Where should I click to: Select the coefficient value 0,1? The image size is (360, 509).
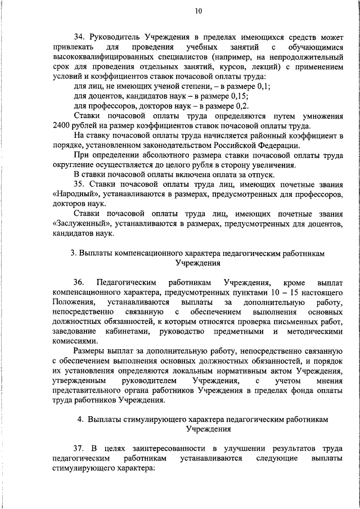pos(263,86)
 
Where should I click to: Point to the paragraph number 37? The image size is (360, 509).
pos(80,448)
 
